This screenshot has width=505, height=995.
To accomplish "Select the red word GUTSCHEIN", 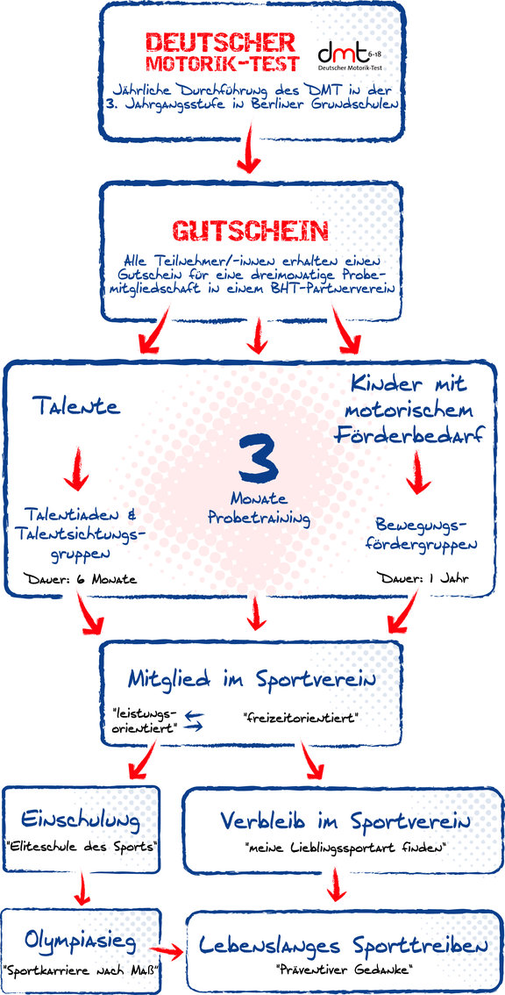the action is tap(252, 232).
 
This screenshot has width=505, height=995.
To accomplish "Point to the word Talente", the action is tap(75, 406).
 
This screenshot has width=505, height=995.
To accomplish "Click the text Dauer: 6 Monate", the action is tap(79, 579).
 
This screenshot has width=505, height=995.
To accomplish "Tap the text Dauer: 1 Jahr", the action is tap(423, 578).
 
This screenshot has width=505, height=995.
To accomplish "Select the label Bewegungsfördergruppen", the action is tap(421, 535).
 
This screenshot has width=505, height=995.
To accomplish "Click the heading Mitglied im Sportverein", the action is tap(252, 680).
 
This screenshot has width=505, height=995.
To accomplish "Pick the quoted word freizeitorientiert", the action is tap(302, 719).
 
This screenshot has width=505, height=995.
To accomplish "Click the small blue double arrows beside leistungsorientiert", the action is tap(193, 721).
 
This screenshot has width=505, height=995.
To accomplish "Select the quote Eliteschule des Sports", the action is tap(81, 847).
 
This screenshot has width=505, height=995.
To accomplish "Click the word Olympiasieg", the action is tap(81, 943).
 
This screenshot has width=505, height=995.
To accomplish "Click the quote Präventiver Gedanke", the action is tap(345, 970).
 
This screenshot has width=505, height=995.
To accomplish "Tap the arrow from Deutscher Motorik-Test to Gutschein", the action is tap(249, 148).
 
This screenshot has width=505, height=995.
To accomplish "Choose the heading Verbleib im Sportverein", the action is tap(345, 822).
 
